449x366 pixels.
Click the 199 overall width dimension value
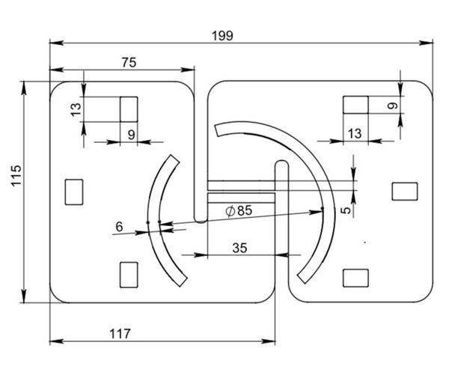pos(222,36)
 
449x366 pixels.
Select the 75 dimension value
pos(129,63)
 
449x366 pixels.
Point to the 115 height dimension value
pos(16,175)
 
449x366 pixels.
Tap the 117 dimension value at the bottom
pos(120,334)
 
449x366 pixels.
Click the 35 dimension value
pos(239,248)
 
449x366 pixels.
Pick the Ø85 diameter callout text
pos(239,211)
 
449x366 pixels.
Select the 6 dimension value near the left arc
pos(119,227)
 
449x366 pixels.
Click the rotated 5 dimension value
pos(346,210)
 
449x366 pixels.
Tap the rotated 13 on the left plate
pos(76,109)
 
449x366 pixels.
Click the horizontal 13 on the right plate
pos(355,133)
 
